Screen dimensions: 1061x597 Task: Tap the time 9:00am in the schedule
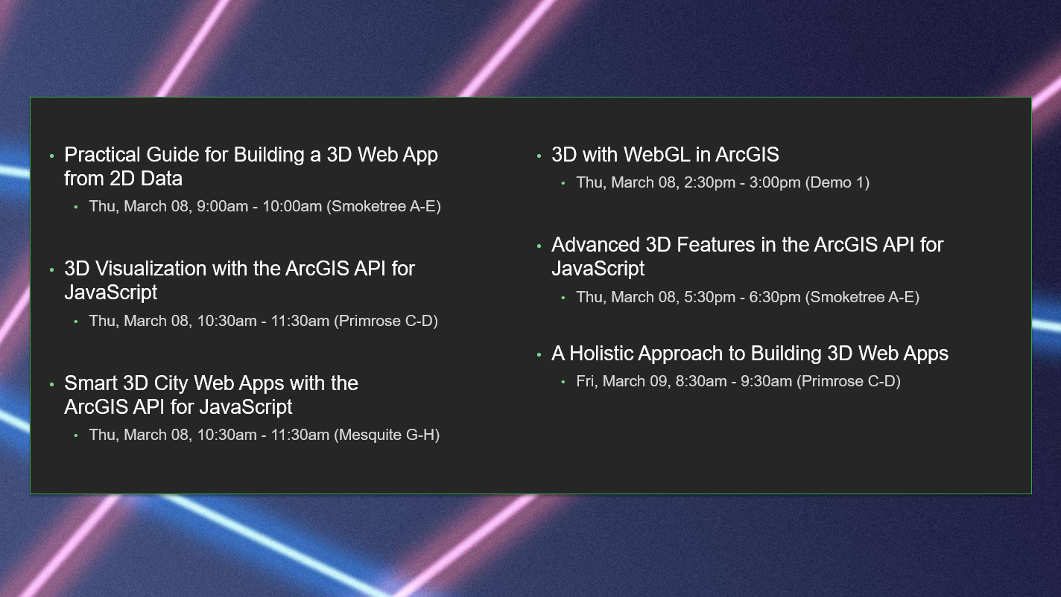coord(222,206)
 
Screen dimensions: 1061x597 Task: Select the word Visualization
coord(151,269)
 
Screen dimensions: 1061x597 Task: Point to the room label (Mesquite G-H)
coord(387,435)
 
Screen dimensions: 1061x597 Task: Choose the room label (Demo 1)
coord(837,182)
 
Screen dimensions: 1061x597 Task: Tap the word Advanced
coord(595,245)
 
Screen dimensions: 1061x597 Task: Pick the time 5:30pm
coord(709,297)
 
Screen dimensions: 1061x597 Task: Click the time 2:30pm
coord(709,182)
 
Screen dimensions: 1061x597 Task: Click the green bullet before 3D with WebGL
coord(539,156)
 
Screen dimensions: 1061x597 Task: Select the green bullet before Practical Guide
coord(51,156)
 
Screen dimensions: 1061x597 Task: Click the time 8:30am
coord(701,381)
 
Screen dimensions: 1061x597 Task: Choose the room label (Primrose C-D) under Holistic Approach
coord(849,381)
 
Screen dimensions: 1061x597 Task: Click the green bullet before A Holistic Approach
coord(539,355)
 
